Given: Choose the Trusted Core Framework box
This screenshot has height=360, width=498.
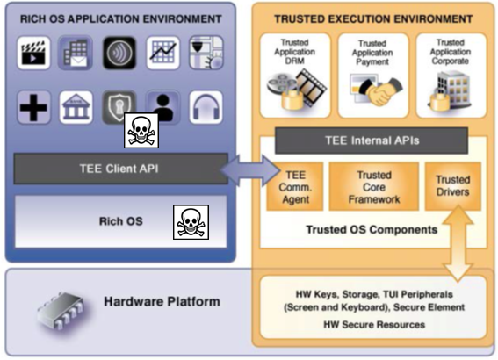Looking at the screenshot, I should point(373,186).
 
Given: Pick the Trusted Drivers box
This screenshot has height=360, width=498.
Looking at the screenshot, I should point(453,185).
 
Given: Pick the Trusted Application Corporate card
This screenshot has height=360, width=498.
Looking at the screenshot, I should point(451,74).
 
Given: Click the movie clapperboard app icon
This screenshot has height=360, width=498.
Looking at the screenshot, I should point(33,54).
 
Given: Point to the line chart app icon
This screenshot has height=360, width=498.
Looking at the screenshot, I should point(162,54).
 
